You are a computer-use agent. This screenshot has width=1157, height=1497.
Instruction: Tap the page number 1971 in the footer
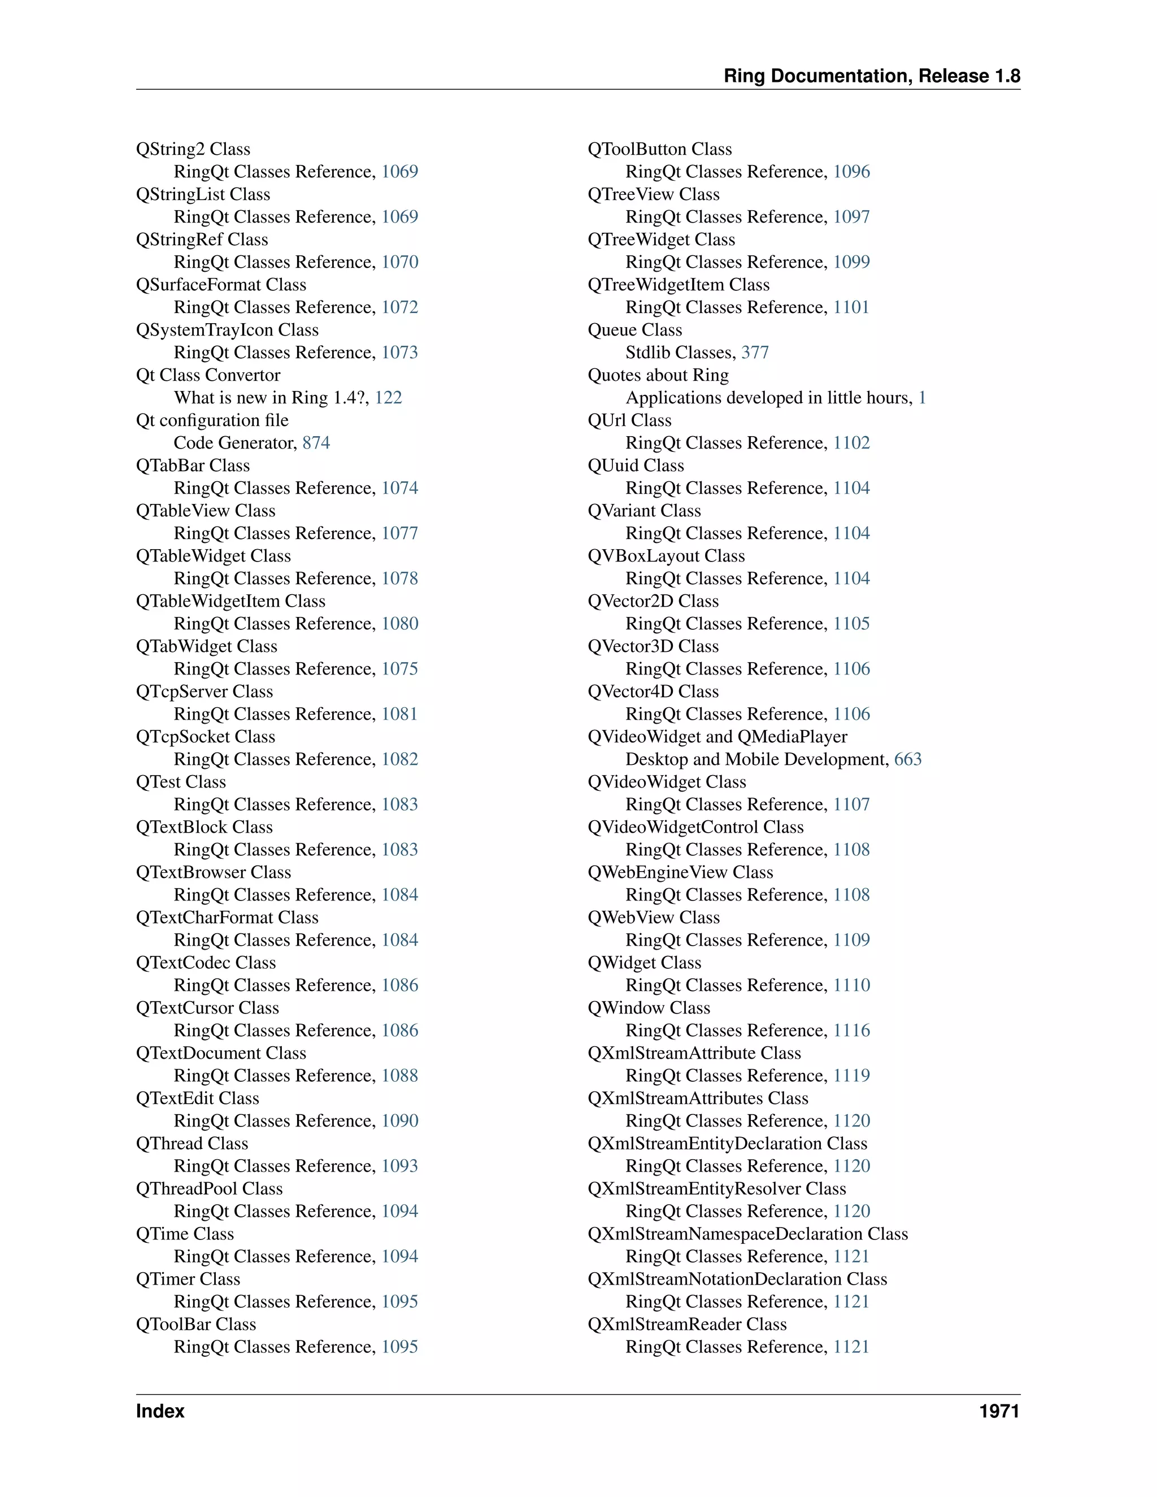[x=999, y=1411]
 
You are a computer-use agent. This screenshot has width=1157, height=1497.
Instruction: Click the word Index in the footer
[x=160, y=1411]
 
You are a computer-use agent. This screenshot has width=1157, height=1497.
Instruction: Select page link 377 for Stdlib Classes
[x=755, y=353]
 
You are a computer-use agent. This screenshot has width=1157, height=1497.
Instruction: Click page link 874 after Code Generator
[x=316, y=443]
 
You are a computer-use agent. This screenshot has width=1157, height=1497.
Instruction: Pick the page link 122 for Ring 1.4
[x=388, y=398]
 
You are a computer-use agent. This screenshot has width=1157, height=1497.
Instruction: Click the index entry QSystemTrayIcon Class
[x=227, y=330]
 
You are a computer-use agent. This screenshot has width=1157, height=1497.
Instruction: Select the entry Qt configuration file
[x=212, y=420]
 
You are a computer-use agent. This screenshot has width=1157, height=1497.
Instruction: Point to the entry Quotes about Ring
[x=658, y=375]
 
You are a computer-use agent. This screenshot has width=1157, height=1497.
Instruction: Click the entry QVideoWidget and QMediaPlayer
[x=717, y=736]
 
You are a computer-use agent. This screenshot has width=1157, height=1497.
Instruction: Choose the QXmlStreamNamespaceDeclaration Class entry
[x=747, y=1234]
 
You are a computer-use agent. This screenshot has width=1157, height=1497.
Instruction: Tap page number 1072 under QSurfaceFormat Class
[x=399, y=307]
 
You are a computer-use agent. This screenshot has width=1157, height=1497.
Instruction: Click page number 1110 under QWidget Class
[x=851, y=985]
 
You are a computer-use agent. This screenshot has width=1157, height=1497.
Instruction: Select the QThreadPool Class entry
[x=209, y=1189]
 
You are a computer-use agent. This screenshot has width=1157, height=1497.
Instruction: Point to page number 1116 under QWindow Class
[x=851, y=1030]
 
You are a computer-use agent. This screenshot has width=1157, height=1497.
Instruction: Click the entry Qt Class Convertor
[x=208, y=375]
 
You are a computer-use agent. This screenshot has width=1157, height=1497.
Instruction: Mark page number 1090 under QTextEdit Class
[x=399, y=1121]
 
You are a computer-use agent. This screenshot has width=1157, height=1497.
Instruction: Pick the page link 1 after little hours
[x=922, y=398]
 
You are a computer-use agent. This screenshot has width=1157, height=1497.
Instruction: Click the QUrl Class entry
[x=629, y=420]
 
